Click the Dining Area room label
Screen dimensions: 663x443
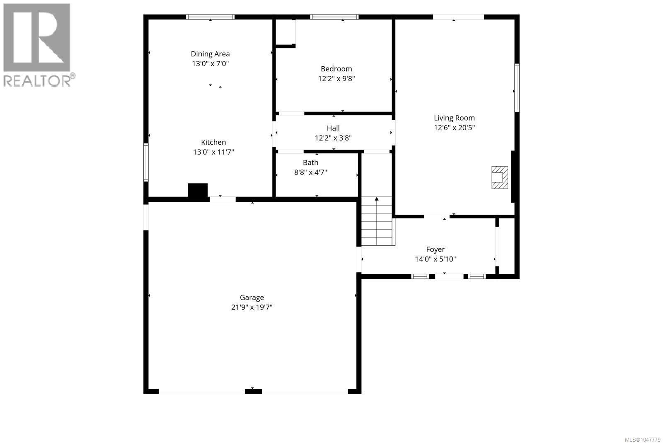[210, 54]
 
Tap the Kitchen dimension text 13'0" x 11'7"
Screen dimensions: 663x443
[213, 152]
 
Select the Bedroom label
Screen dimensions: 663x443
[336, 69]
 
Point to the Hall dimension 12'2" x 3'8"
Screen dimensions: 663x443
[333, 138]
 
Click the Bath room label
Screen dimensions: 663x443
[310, 162]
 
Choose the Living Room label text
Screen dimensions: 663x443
[454, 118]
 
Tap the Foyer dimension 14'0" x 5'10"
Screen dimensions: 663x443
[435, 259]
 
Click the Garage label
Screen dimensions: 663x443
[252, 298]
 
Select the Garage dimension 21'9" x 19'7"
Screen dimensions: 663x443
[252, 307]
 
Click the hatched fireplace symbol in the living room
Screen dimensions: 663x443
[500, 177]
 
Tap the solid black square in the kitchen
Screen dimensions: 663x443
[198, 190]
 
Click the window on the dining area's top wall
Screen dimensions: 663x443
[210, 17]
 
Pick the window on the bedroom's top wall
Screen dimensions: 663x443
[334, 17]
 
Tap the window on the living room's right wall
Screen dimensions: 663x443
[517, 88]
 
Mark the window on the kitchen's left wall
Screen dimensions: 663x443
[146, 162]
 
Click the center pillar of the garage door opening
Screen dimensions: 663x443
[253, 391]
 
